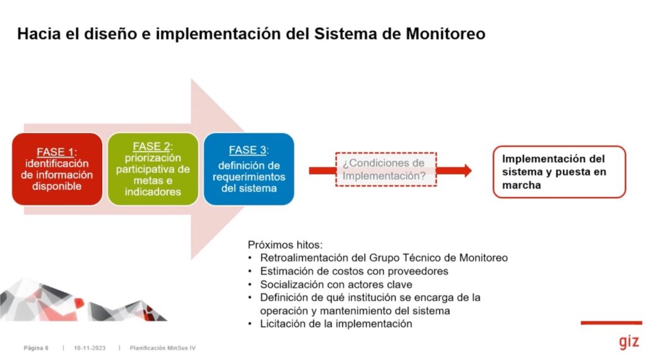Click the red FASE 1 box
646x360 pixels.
(57, 169)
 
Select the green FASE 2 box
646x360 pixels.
(153, 169)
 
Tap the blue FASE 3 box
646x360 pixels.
(249, 169)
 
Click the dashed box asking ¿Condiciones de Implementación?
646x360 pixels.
(386, 170)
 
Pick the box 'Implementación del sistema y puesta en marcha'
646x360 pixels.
(559, 171)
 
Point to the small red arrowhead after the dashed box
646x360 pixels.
(468, 170)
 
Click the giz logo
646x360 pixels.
(629, 342)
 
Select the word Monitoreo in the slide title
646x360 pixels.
(445, 34)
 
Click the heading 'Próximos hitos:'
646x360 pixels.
(285, 245)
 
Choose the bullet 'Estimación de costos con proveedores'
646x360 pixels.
(354, 271)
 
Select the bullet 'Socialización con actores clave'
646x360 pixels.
(336, 284)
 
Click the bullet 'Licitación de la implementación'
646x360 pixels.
(336, 324)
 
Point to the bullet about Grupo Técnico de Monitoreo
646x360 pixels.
(384, 258)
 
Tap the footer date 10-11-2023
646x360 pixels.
(90, 348)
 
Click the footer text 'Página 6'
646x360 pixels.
(36, 348)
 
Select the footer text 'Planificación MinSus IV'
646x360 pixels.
(163, 348)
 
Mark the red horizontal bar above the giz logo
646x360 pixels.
(611, 323)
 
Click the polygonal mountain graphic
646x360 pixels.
(83, 300)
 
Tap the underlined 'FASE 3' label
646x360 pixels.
(247, 150)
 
